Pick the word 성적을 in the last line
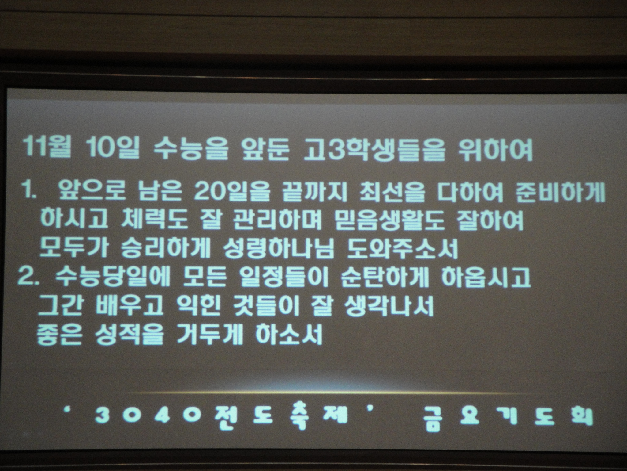coord(124,334)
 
